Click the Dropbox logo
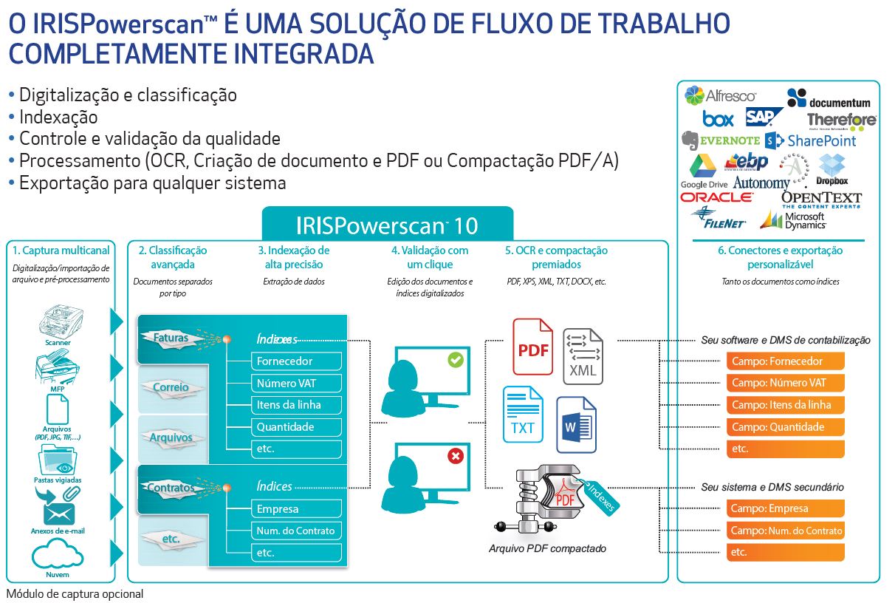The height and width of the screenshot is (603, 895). pyautogui.click(x=832, y=170)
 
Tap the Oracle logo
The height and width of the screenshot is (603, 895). pyautogui.click(x=716, y=197)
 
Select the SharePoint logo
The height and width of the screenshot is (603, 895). pyautogui.click(x=811, y=140)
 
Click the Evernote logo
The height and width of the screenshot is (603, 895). pyautogui.click(x=720, y=140)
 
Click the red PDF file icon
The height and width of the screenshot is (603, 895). pyautogui.click(x=532, y=347)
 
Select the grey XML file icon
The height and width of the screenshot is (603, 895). pyautogui.click(x=583, y=356)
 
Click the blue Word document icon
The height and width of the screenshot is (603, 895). pyautogui.click(x=576, y=425)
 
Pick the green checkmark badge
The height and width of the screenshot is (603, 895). pyautogui.click(x=455, y=360)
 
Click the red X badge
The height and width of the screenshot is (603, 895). pyautogui.click(x=455, y=456)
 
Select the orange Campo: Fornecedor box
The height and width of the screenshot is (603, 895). pyautogui.click(x=785, y=361)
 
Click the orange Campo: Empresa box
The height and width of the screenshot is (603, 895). pyautogui.click(x=785, y=508)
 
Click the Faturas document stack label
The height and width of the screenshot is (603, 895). pyautogui.click(x=171, y=338)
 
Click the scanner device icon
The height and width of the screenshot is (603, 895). pyautogui.click(x=58, y=322)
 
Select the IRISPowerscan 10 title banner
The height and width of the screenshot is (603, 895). pyautogui.click(x=387, y=224)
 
